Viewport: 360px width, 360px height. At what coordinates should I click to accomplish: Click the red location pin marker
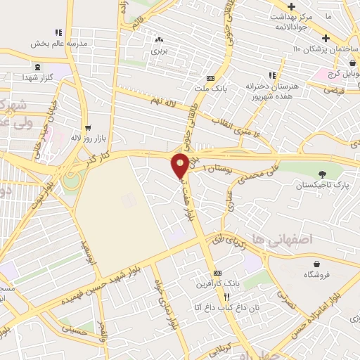point(180,165)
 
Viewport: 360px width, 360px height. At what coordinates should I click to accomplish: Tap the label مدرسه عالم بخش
point(58,43)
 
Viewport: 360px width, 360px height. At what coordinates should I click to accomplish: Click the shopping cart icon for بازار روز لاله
point(88,128)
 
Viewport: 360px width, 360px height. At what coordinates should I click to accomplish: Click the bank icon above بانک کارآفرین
point(217,272)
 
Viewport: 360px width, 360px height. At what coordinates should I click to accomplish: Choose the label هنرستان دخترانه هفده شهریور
point(272,89)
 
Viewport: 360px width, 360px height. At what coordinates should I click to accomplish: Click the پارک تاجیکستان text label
point(323,185)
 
